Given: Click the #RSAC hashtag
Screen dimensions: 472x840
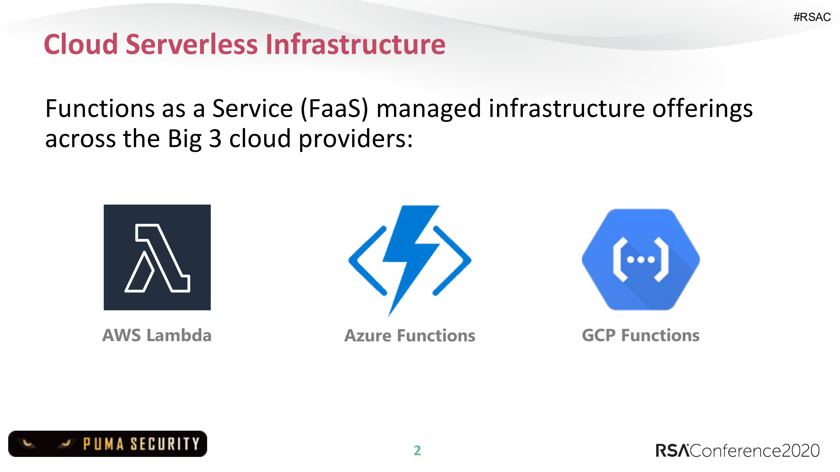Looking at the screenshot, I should (812, 17).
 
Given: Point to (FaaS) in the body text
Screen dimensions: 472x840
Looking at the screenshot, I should (334, 109).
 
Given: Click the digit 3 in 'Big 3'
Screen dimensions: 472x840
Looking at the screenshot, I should (215, 139).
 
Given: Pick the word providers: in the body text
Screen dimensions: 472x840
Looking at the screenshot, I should (355, 139).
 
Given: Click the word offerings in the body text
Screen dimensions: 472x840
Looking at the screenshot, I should (702, 109).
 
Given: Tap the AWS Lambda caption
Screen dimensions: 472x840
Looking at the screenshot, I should (157, 335).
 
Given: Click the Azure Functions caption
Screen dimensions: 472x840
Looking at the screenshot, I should (410, 336).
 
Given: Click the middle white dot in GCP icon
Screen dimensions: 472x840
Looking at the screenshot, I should (641, 260).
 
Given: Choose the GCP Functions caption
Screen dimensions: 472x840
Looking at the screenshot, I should (640, 335).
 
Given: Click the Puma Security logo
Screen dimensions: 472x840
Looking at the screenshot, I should (108, 444).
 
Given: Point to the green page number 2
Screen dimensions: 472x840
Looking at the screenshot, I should (417, 450).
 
